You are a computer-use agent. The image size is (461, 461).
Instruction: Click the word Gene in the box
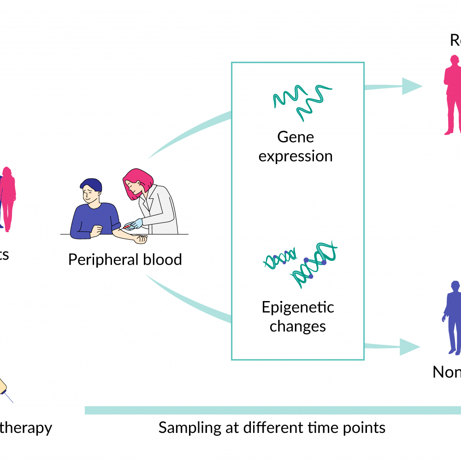pyautogui.click(x=296, y=137)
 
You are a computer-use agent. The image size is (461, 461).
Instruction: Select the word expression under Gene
pyautogui.click(x=296, y=156)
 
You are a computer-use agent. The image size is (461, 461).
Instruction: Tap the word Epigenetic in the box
pyautogui.click(x=298, y=307)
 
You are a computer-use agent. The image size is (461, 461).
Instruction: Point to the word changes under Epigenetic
pyautogui.click(x=298, y=326)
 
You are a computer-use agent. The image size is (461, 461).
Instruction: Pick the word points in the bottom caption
pyautogui.click(x=364, y=427)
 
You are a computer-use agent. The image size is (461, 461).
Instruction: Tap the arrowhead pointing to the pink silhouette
pyautogui.click(x=411, y=86)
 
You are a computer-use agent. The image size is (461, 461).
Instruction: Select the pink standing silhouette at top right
pyautogui.click(x=452, y=95)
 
